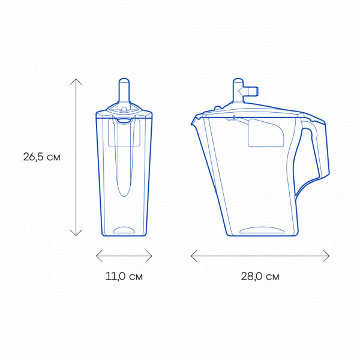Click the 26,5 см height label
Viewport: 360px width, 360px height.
pos(42,157)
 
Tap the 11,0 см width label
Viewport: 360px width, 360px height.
pos(124,276)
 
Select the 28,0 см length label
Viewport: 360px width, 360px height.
pos(260,276)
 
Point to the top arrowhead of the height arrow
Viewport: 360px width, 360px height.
pos(76,79)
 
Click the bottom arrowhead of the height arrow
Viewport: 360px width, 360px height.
pos(76,235)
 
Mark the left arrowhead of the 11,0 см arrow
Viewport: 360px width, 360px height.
pos(97,256)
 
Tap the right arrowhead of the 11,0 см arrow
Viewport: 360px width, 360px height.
pos(152,256)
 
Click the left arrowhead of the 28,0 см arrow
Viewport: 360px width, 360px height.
pos(192,256)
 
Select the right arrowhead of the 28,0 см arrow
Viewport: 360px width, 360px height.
pos(329,256)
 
